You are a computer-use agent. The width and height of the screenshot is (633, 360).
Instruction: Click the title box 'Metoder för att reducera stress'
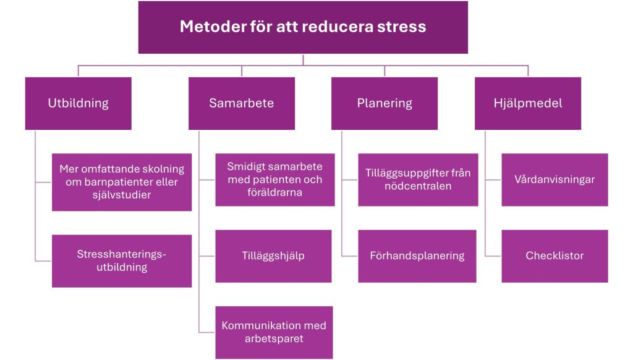point(303,27)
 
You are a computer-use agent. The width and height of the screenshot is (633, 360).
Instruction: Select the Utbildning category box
point(79,103)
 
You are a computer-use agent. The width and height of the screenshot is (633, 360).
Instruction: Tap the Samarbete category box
point(242,103)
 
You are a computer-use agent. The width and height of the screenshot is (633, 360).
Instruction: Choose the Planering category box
point(384,103)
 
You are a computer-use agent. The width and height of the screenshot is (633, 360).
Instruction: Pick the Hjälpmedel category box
point(528,103)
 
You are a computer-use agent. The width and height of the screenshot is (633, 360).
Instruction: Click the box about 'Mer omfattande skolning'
point(122,182)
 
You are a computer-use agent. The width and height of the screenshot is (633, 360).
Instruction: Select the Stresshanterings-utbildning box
point(122,261)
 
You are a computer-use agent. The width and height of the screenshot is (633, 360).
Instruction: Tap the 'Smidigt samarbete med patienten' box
point(275,180)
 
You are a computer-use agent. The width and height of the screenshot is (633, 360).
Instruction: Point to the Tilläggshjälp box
point(273,256)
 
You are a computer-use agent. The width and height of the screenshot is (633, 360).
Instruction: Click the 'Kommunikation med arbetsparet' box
point(274,332)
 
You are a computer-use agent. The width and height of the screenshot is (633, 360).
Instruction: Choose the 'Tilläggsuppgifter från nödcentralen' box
point(418,180)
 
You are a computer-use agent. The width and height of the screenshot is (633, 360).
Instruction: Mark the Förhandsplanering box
point(417,256)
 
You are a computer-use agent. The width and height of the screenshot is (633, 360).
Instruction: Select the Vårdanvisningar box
point(554,180)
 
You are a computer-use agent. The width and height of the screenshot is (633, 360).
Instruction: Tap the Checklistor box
point(554,256)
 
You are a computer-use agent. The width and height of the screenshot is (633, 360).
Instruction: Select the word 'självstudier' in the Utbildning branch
point(122,195)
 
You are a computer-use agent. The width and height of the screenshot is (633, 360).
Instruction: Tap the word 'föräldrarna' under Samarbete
point(274,192)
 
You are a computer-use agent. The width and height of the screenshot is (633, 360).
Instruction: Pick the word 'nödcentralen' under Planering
point(418,186)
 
